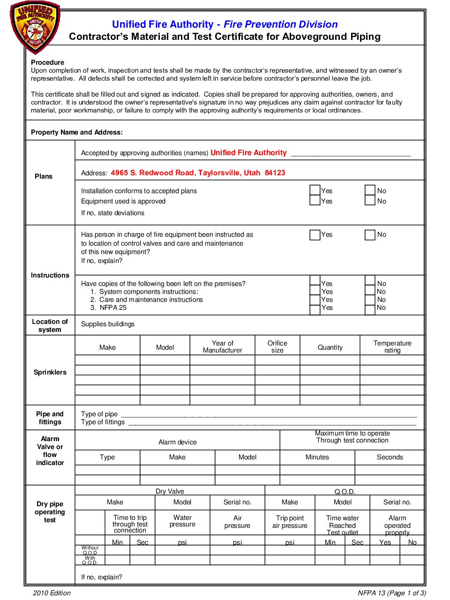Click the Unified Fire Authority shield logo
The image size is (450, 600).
35,27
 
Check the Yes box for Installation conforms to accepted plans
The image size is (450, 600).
315,190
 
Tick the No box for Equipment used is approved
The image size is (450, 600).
370,201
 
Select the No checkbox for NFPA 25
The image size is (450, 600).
370,308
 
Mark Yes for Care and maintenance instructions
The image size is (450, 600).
315,300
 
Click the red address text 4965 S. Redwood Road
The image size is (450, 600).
198,173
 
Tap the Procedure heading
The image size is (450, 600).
47,62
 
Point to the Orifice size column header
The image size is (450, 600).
277,347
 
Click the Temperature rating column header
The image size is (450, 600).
392,347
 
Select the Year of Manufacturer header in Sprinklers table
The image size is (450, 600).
222,347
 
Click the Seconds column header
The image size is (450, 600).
390,457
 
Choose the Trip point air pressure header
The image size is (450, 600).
290,522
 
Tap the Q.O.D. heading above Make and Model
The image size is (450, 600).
345,492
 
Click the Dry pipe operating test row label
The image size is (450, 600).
50,512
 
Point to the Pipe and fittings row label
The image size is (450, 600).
50,418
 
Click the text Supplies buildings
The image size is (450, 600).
108,324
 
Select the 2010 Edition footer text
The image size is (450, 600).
52,593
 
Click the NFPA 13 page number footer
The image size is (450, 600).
391,593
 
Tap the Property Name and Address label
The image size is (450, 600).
77,132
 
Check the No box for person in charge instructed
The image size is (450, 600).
370,234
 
